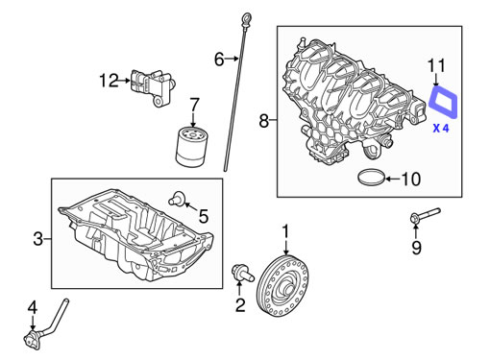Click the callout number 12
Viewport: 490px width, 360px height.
(x=109, y=81)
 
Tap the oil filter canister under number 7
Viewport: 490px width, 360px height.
(x=192, y=147)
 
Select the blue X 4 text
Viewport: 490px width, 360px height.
(x=441, y=129)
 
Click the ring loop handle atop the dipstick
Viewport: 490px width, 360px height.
(x=247, y=20)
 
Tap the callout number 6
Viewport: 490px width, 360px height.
(x=219, y=60)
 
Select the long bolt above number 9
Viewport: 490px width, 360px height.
(x=426, y=215)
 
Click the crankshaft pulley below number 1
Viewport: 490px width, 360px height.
(x=283, y=286)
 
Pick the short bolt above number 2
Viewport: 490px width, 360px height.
(x=242, y=274)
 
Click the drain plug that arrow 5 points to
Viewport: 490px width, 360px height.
(x=177, y=199)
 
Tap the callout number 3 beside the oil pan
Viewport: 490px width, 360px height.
(x=37, y=239)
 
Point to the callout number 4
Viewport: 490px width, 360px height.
(x=33, y=307)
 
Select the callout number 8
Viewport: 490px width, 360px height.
(x=263, y=121)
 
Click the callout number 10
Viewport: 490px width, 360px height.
(x=411, y=179)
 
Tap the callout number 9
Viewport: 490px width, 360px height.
(x=416, y=248)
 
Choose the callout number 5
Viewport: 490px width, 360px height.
(x=204, y=216)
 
